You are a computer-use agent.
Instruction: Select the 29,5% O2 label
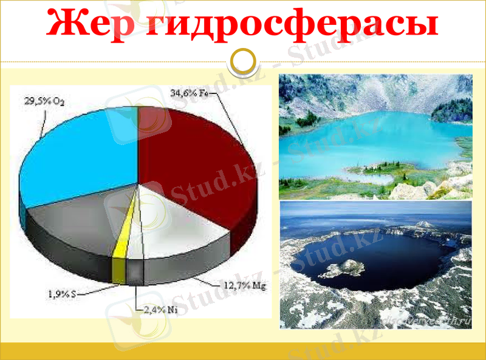[44, 101]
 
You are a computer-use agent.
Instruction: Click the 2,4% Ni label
[161, 310]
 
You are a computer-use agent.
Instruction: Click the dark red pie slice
[200, 158]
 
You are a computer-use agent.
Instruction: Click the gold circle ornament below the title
[243, 61]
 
